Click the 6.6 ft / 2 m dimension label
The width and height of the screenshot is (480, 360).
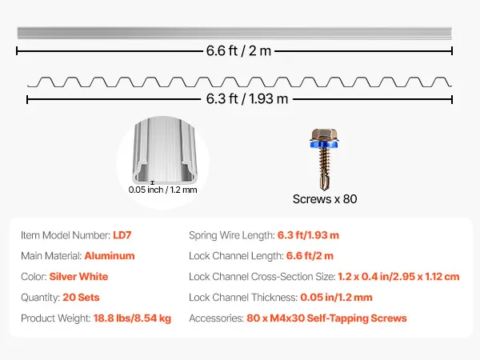tap(238, 51)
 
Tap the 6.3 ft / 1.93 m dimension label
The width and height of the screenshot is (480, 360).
tap(247, 98)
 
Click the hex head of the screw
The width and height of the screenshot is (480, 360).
tap(325, 135)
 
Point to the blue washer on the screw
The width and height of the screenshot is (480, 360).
tap(325, 144)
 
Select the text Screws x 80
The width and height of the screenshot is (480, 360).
tap(325, 199)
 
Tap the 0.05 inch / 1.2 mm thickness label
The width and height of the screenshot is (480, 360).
tap(162, 190)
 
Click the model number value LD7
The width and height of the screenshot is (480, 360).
tap(122, 235)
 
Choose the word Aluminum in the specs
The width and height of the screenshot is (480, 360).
tap(110, 256)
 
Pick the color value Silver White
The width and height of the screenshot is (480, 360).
tap(78, 277)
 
